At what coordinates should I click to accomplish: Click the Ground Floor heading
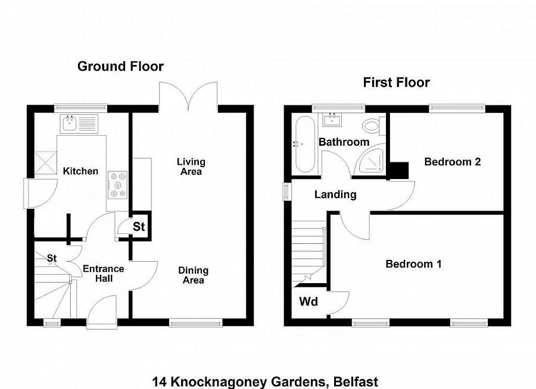120,66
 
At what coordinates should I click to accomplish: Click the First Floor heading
396,83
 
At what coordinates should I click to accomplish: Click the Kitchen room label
80,171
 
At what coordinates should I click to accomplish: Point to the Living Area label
191,167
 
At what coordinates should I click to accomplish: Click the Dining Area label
193,275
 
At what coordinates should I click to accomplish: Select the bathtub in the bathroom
303,145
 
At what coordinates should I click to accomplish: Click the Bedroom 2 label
452,161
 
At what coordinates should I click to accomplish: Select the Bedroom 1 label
413,264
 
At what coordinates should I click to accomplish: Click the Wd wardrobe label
308,302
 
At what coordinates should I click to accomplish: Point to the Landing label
335,194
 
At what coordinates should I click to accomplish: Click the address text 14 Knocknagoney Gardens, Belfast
265,381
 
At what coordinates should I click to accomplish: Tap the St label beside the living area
139,227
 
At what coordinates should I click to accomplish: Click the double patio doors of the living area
188,95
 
